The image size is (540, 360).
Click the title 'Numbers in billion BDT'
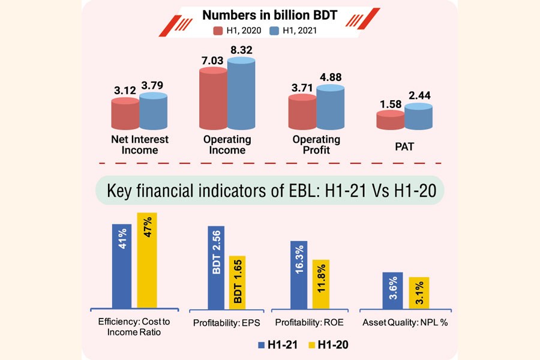269,14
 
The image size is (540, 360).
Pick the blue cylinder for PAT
418,116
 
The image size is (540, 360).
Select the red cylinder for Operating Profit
302,111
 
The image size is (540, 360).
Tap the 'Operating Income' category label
227,145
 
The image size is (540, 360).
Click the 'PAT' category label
404,145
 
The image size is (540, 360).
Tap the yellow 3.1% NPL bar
419,293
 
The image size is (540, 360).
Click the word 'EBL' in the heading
300,192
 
